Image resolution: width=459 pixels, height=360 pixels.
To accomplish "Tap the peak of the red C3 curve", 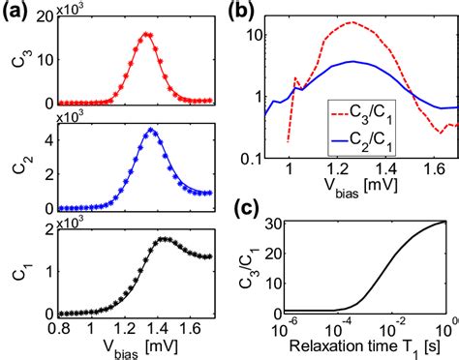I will [x=145, y=34].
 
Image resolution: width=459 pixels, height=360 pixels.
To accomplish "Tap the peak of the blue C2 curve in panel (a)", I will [x=150, y=130].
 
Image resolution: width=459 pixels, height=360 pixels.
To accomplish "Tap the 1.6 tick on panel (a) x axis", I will [x=195, y=328].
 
